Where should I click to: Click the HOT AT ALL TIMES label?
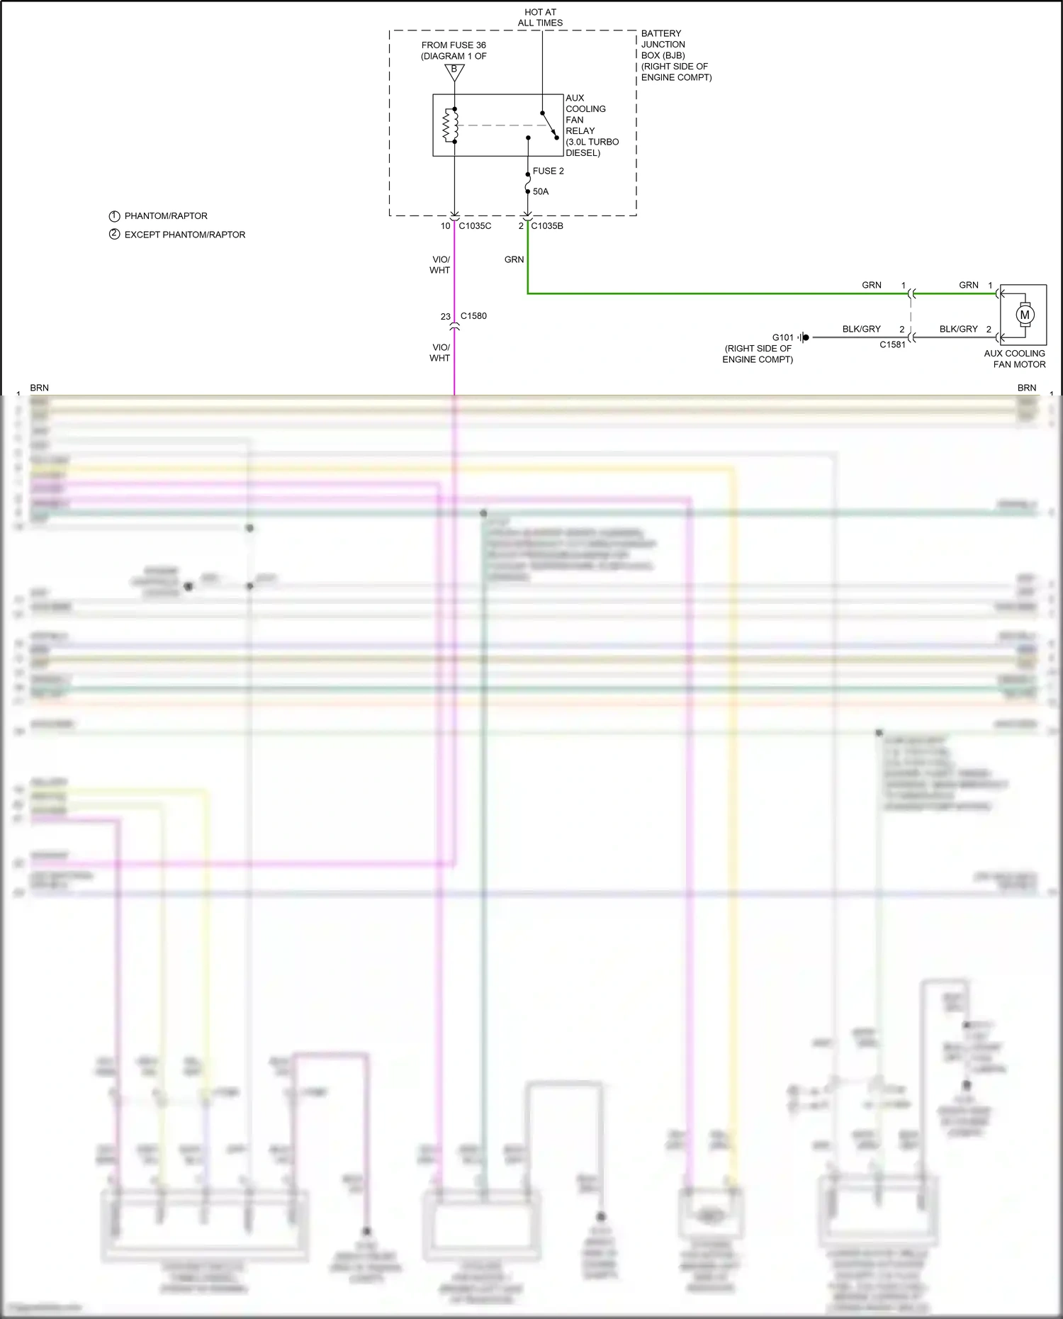[540, 18]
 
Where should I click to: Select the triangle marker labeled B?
[454, 71]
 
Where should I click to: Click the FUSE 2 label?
[548, 171]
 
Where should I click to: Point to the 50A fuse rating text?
[541, 191]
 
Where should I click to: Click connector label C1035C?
[475, 226]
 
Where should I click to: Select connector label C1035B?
[547, 226]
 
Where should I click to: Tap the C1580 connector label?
[473, 316]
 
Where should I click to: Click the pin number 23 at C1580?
[445, 317]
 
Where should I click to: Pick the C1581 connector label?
[892, 345]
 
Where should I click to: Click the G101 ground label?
[782, 337]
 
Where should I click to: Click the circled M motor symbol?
[1024, 314]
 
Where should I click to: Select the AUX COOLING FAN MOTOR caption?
[1015, 359]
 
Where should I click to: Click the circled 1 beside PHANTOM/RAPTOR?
[114, 216]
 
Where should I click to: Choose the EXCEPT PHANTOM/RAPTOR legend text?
[184, 235]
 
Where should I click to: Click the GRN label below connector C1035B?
[514, 259]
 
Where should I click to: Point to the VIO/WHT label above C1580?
[440, 264]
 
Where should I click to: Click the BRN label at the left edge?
[40, 388]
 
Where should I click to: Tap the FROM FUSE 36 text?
[454, 45]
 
